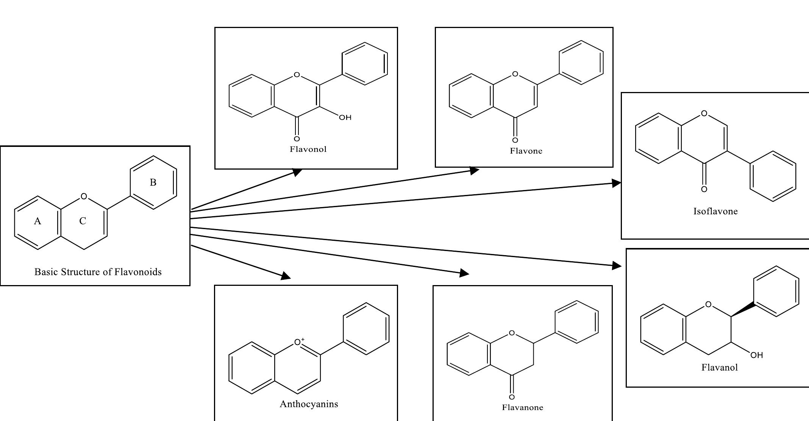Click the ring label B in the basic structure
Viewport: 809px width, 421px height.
coord(153,182)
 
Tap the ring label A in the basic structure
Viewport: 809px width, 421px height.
coord(37,221)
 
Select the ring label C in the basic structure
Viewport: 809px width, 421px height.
coord(83,221)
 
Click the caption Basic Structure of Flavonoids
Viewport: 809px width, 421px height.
coord(98,272)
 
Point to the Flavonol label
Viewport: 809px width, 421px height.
coord(308,149)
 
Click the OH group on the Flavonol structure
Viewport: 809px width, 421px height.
coord(345,118)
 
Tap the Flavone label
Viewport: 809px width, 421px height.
coord(526,151)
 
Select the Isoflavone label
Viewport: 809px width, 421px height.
coord(715,211)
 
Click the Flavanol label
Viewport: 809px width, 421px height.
coord(719,367)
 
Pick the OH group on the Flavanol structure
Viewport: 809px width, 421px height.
coord(756,355)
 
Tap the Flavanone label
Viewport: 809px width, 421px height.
coord(522,407)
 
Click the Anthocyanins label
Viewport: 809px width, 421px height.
coord(309,404)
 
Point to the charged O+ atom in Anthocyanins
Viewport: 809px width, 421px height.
coord(299,342)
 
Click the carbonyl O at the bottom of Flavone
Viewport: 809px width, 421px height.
coord(515,140)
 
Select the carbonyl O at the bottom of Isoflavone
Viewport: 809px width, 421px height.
coord(704,189)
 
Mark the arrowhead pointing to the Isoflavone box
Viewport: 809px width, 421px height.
coord(617,183)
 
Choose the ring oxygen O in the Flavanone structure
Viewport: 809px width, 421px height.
coord(512,333)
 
